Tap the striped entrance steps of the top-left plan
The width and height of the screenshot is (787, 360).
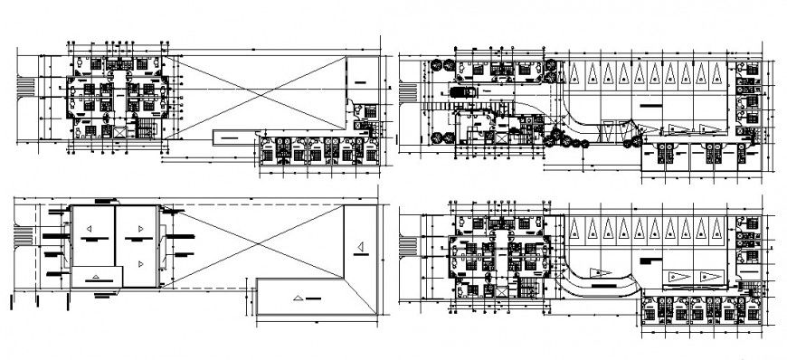point(28,87)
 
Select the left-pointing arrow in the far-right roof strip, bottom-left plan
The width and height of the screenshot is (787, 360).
point(358,247)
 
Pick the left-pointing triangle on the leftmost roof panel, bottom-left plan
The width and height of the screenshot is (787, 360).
point(91,238)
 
